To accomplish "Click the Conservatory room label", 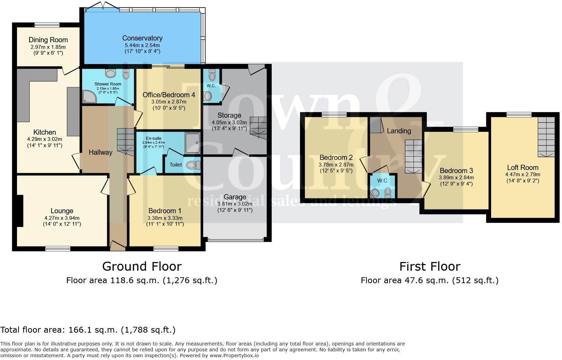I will click(142, 38).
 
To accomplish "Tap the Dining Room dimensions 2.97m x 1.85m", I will click(48, 47).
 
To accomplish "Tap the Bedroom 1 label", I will click(165, 211).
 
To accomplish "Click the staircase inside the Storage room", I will click(259, 128).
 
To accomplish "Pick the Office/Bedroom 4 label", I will click(171, 95).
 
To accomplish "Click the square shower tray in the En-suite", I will click(192, 142).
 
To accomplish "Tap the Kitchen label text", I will click(45, 132).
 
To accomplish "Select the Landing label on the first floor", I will click(399, 131).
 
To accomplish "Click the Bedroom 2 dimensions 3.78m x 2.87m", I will click(336, 165).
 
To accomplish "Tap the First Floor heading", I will click(429, 266).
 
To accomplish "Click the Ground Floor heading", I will click(142, 266).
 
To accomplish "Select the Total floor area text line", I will click(88, 330).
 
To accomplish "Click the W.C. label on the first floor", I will click(383, 181).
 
